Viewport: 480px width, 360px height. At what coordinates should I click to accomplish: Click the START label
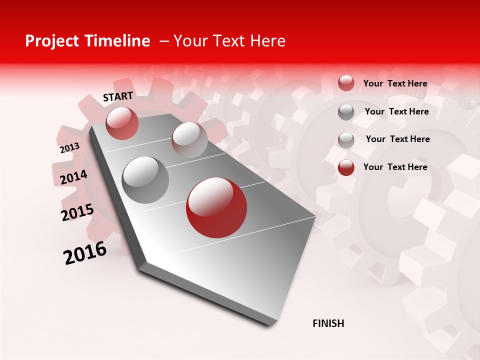(x=118, y=96)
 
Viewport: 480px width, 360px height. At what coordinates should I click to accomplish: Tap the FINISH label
(x=328, y=323)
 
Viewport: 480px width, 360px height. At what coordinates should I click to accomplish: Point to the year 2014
(x=74, y=177)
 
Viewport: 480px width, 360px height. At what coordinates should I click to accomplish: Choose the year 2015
(x=77, y=212)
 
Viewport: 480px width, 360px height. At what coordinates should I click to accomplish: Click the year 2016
(x=85, y=252)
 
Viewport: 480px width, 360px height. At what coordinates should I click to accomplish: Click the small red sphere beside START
(x=122, y=123)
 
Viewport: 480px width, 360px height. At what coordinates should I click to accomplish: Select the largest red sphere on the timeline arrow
(x=216, y=207)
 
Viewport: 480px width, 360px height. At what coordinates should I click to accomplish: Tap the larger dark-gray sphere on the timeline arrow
(x=145, y=180)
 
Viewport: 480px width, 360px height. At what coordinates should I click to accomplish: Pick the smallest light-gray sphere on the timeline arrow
(x=189, y=140)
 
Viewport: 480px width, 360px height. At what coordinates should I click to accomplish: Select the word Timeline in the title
(x=118, y=41)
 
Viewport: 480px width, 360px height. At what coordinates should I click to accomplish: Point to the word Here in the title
(x=267, y=41)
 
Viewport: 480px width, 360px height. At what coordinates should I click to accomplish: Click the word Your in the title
(x=190, y=41)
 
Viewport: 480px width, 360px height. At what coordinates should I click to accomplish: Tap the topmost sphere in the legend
(x=346, y=83)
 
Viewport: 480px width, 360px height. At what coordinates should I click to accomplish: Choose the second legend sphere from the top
(x=346, y=112)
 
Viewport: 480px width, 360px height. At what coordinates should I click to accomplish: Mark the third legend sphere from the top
(x=346, y=140)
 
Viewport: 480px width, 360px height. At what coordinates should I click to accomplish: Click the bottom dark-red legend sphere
(x=346, y=167)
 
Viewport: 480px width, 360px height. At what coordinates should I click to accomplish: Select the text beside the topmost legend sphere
(x=395, y=84)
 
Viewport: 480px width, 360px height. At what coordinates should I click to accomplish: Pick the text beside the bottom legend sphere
(x=395, y=167)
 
